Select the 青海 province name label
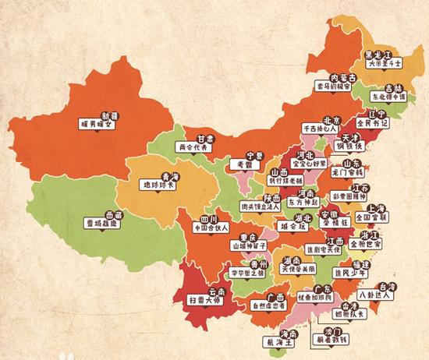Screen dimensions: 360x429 coord(160,176)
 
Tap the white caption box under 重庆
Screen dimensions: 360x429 coord(250,245)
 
